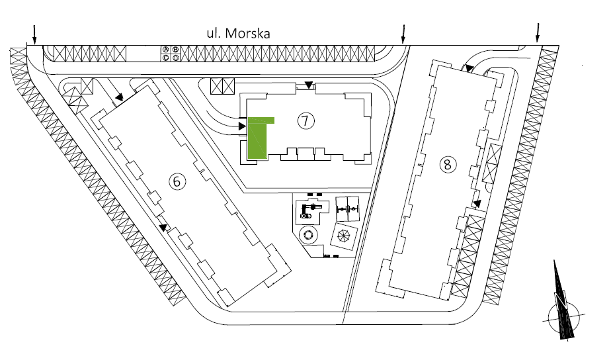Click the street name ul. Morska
[237, 34]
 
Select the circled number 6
[177, 181]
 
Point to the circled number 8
[447, 163]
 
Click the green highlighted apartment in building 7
[258, 139]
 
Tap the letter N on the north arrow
[561, 302]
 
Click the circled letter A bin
[167, 49]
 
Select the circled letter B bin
[175, 49]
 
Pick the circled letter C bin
[167, 58]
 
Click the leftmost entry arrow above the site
[34, 33]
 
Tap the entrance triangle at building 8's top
[467, 67]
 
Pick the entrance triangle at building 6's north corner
[119, 98]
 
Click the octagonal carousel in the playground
[343, 235]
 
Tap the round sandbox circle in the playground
[307, 236]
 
